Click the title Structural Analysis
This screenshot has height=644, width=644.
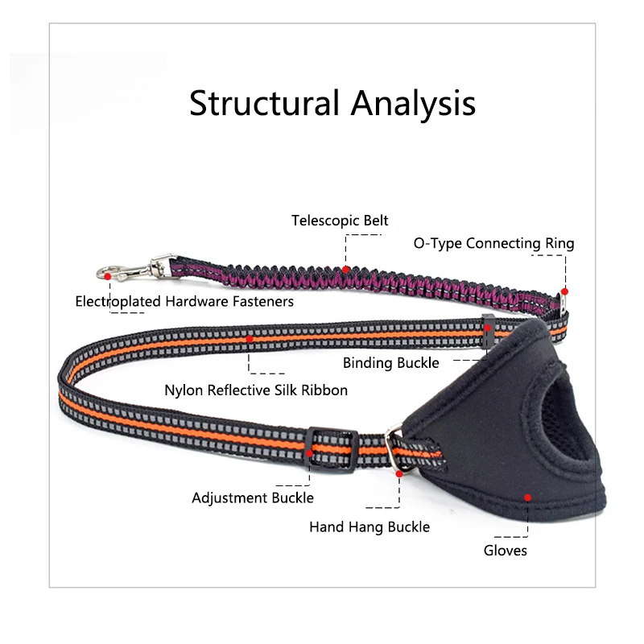(x=332, y=104)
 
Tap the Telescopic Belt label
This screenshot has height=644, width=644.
(x=340, y=221)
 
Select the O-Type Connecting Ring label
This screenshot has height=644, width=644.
(x=493, y=243)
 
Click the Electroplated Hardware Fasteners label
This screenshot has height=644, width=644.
(x=184, y=301)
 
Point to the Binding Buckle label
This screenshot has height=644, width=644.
(x=391, y=363)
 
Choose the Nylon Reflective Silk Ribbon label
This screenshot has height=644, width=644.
(x=256, y=390)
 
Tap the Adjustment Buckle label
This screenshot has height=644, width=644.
(x=253, y=497)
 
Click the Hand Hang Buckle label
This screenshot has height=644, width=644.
(x=369, y=527)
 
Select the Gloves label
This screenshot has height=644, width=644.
(x=506, y=551)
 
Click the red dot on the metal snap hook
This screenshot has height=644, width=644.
(x=108, y=276)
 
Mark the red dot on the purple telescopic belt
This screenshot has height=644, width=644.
(x=346, y=270)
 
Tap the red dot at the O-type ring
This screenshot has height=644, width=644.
(x=565, y=291)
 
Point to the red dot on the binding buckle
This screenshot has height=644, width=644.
(x=488, y=328)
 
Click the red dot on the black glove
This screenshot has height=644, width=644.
(x=528, y=497)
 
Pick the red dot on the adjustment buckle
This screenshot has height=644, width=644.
(x=309, y=453)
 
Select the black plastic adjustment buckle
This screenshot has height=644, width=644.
(x=331, y=450)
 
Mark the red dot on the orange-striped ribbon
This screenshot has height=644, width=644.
(x=250, y=339)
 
